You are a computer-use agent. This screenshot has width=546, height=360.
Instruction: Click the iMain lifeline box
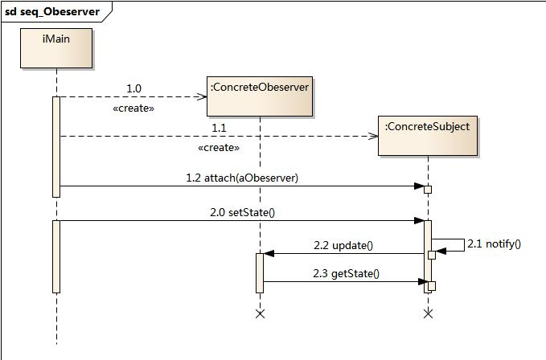point(56,48)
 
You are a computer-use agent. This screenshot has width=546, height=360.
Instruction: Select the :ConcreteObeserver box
point(260,96)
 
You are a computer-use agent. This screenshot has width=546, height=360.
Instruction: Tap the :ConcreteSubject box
point(428,136)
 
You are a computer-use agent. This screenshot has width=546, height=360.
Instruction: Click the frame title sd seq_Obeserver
point(52,11)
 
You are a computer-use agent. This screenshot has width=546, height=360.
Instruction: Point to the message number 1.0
point(133,88)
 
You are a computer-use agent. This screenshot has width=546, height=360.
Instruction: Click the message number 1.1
point(219,128)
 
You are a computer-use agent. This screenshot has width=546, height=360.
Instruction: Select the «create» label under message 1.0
point(133,108)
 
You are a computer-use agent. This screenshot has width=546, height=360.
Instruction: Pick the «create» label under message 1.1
point(219,148)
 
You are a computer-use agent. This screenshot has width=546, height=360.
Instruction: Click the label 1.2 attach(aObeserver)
point(242,178)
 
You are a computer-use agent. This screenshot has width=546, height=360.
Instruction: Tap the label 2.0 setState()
point(242,212)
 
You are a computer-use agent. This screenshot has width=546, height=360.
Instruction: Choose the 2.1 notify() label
point(494,243)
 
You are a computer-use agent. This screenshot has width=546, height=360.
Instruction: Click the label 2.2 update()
point(343,245)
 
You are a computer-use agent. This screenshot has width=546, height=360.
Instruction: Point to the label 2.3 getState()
point(346,273)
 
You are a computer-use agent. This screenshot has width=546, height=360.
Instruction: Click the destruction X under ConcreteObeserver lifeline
point(260,313)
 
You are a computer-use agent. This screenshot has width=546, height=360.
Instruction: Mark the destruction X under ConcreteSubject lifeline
point(429,313)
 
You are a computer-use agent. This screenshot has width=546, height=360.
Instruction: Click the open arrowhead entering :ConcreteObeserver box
point(203,96)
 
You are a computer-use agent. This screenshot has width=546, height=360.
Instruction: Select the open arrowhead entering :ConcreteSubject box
point(373,136)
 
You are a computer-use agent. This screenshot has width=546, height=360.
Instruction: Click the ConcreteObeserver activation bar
point(260,273)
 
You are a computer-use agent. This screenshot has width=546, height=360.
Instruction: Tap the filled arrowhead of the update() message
point(269,254)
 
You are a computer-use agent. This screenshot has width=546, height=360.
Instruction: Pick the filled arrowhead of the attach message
point(419,186)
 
